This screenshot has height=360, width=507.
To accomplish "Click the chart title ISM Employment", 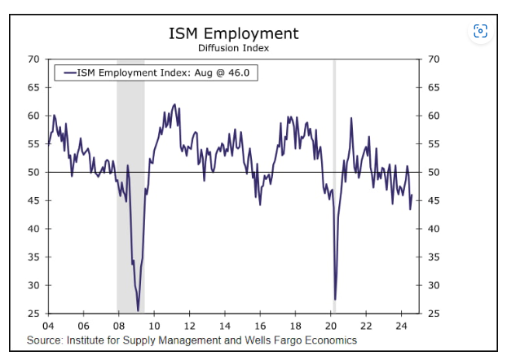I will (233, 33).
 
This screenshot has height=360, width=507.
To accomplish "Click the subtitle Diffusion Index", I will (233, 48).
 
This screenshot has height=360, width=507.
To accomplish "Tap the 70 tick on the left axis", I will (33, 59).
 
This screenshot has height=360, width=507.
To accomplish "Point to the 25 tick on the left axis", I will (33, 314).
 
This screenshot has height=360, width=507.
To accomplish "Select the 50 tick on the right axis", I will (434, 173).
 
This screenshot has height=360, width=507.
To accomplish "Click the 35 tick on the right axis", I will (434, 257).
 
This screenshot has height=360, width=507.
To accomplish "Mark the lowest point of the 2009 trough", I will (138, 310).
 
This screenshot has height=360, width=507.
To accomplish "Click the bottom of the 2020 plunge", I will (335, 299).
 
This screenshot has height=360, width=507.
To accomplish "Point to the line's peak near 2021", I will (351, 118).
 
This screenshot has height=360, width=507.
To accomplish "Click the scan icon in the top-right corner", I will (480, 31).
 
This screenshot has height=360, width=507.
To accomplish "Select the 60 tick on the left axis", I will (33, 116).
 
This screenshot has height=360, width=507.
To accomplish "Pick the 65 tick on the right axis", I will (434, 87).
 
